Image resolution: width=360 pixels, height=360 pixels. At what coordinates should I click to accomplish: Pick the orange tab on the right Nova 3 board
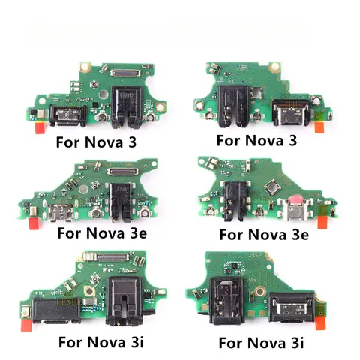click(320, 128)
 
